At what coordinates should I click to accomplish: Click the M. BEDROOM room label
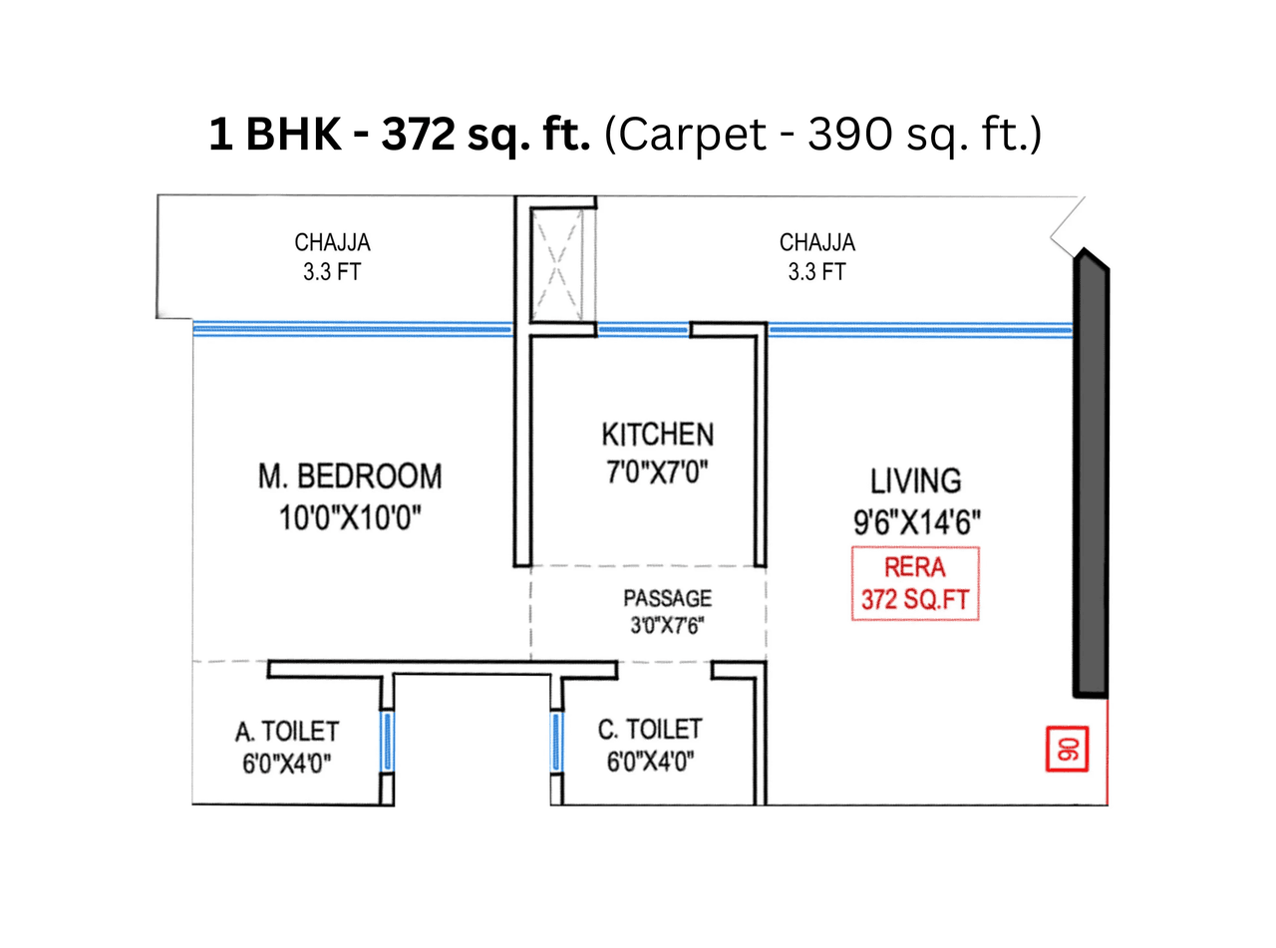pyautogui.click(x=350, y=476)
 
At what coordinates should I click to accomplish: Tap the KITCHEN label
pyautogui.click(x=657, y=435)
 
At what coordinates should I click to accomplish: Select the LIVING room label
pyautogui.click(x=916, y=480)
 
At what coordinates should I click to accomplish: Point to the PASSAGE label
pyautogui.click(x=667, y=599)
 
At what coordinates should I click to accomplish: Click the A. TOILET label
pyautogui.click(x=286, y=732)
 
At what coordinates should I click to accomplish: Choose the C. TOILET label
pyautogui.click(x=649, y=730)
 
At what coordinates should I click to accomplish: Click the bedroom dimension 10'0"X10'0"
pyautogui.click(x=350, y=518)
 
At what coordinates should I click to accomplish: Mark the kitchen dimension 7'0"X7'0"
pyautogui.click(x=657, y=472)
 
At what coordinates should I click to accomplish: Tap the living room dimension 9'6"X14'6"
pyautogui.click(x=916, y=521)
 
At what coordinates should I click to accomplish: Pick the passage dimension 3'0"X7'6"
pyautogui.click(x=667, y=628)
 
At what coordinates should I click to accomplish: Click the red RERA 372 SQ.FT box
pyautogui.click(x=914, y=584)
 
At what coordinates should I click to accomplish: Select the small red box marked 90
pyautogui.click(x=1068, y=749)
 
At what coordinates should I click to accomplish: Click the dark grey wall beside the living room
pyautogui.click(x=1091, y=478)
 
